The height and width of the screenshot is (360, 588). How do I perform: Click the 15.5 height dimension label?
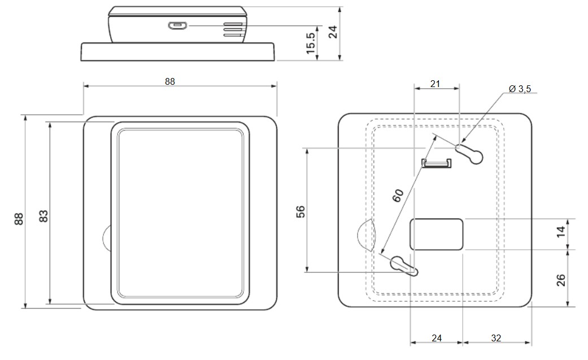point(311,42)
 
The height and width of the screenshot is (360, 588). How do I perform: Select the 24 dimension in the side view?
point(333,32)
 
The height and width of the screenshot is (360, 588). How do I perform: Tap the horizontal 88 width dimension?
point(170,81)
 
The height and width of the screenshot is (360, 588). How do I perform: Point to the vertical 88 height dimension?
point(19,219)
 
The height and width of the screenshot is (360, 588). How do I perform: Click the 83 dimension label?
point(43,216)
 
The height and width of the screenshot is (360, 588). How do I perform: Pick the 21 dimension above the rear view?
point(435,84)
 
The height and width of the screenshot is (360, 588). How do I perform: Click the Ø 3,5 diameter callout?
point(520,89)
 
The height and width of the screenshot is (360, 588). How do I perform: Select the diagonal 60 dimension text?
point(398,195)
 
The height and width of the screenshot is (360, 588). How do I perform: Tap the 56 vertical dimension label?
point(300,211)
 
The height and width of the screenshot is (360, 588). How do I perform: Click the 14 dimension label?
point(561,232)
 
